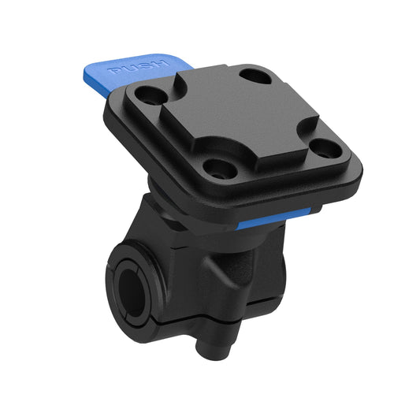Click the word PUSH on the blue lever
[x=139, y=68]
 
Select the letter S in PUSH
[x=146, y=65]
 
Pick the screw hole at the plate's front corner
[x=213, y=167]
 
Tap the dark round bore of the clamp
[x=128, y=288]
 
